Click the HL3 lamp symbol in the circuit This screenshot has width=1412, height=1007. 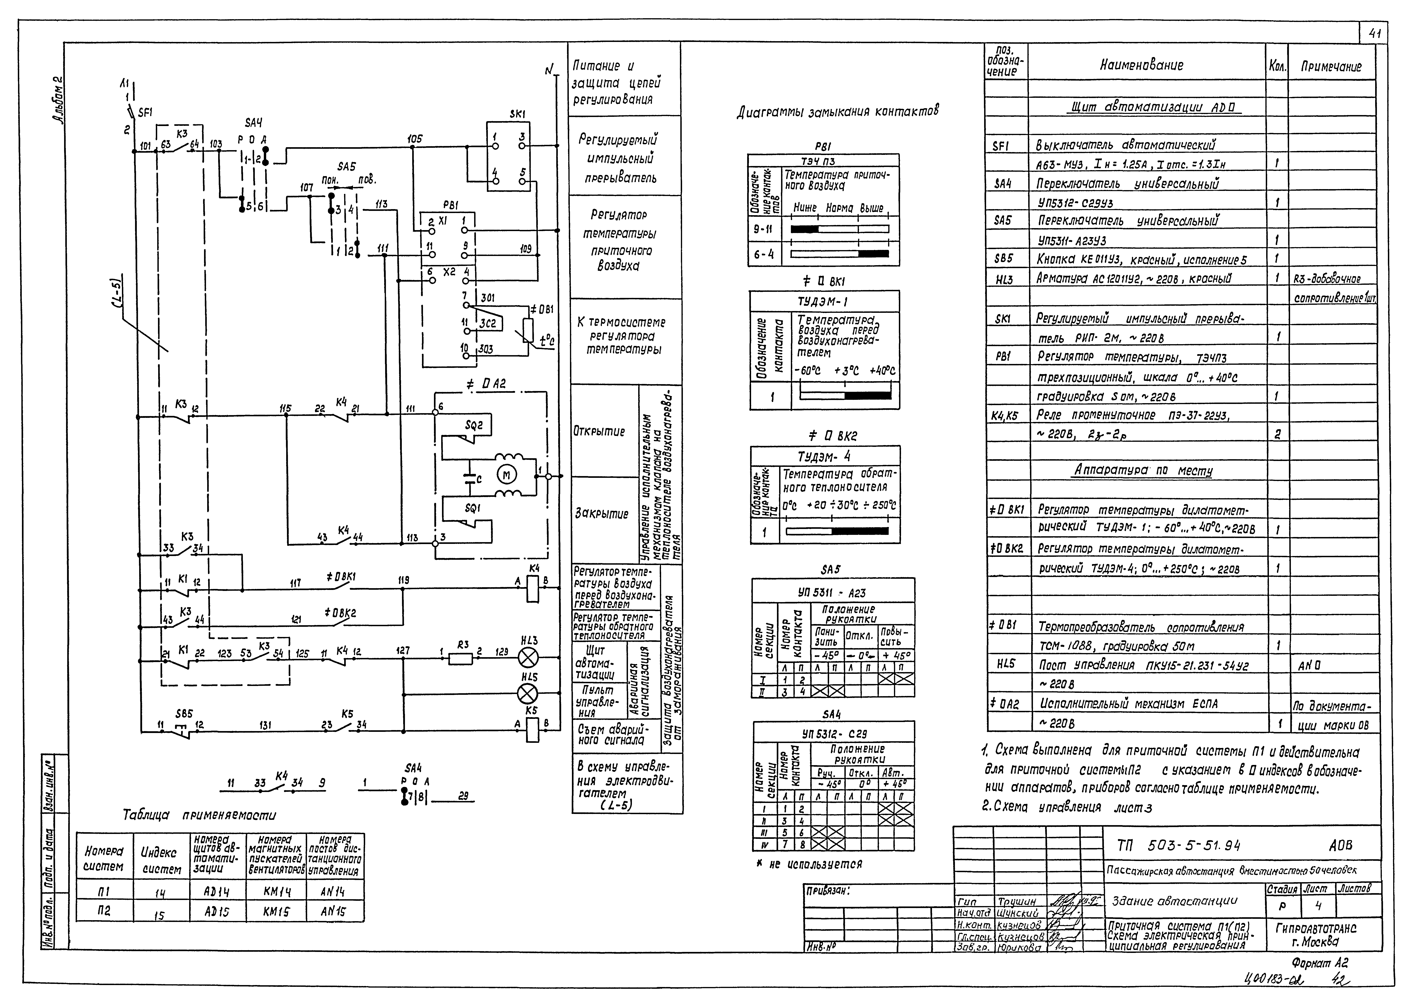tap(528, 657)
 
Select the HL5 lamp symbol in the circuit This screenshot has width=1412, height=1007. tap(528, 694)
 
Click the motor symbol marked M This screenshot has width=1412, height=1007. tap(506, 475)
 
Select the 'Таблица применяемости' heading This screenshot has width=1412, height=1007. tap(199, 815)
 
